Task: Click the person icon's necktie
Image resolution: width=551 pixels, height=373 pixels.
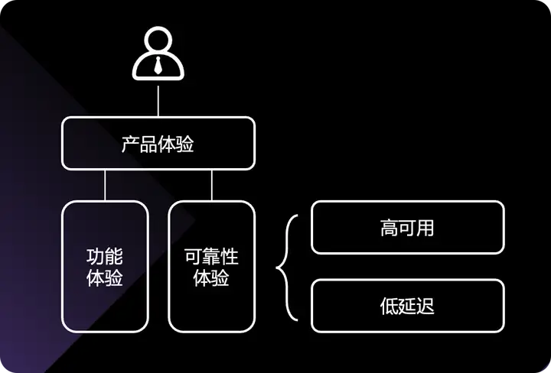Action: pyautogui.click(x=158, y=65)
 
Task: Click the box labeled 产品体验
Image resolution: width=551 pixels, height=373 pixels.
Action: pyautogui.click(x=158, y=144)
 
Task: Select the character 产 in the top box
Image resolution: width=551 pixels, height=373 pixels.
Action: pyautogui.click(x=131, y=144)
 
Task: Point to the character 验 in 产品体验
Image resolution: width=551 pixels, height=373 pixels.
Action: pyautogui.click(x=185, y=144)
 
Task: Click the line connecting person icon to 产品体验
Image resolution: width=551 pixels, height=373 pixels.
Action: pyautogui.click(x=158, y=101)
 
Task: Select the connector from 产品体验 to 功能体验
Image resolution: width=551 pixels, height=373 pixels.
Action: pyautogui.click(x=106, y=185)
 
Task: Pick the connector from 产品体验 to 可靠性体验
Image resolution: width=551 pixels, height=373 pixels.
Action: pyautogui.click(x=212, y=185)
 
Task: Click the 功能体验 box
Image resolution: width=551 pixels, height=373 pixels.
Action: pyautogui.click(x=106, y=266)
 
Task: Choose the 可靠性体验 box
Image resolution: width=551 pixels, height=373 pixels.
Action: pyautogui.click(x=212, y=266)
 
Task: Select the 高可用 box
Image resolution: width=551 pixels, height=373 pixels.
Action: pyautogui.click(x=407, y=227)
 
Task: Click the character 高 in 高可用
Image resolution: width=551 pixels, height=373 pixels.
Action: pyautogui.click(x=389, y=227)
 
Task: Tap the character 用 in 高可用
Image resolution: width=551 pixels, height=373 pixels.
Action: pyautogui.click(x=425, y=227)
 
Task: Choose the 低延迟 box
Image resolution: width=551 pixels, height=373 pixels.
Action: pyautogui.click(x=407, y=306)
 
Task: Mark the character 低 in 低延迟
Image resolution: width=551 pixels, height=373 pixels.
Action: pyautogui.click(x=389, y=306)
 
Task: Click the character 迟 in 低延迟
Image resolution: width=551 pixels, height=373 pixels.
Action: pyautogui.click(x=425, y=306)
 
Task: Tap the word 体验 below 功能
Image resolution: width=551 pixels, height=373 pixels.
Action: pyautogui.click(x=106, y=277)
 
